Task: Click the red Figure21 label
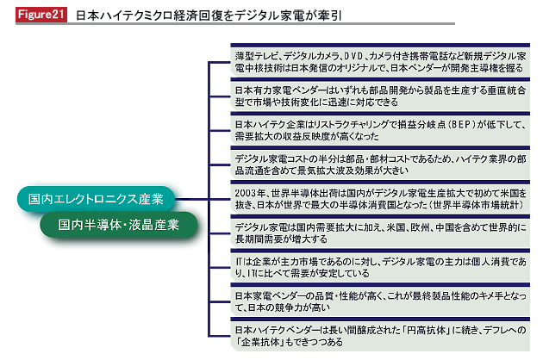click(x=41, y=15)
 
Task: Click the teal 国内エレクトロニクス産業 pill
click(x=96, y=199)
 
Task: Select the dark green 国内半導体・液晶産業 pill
click(x=118, y=225)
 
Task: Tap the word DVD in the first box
click(x=354, y=56)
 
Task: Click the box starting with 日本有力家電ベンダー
click(x=380, y=95)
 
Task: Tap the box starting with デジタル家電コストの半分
click(x=380, y=164)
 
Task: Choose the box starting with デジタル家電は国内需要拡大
click(x=380, y=232)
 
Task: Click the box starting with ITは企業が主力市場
click(x=380, y=266)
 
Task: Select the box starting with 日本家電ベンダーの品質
click(x=380, y=301)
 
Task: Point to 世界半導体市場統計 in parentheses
click(x=477, y=205)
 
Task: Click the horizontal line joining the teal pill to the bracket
click(x=191, y=199)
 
